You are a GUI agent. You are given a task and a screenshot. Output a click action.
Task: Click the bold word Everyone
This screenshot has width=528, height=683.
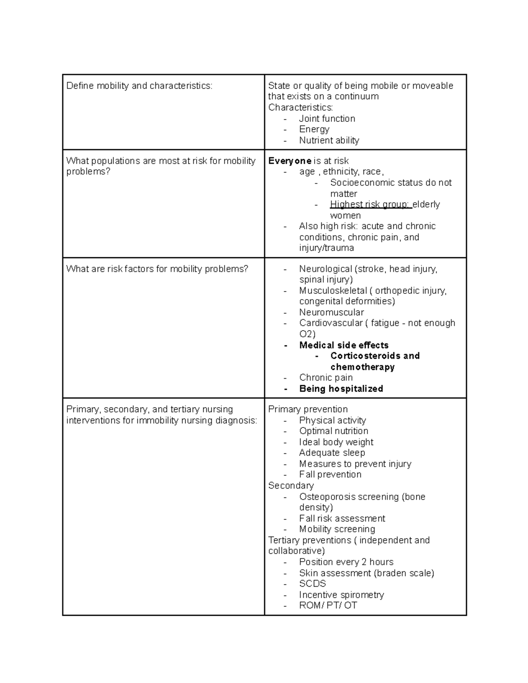(x=290, y=161)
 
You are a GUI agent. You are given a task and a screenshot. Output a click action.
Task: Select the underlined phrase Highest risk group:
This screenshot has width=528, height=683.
(x=370, y=205)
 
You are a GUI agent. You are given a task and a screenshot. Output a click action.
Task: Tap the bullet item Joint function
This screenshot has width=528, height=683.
(x=327, y=119)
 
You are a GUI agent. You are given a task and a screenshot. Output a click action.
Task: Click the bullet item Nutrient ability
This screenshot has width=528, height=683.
(x=329, y=140)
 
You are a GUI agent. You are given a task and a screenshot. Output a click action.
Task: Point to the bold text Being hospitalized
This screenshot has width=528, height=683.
(x=341, y=389)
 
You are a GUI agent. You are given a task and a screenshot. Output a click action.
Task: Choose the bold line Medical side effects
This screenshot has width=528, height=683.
(x=344, y=345)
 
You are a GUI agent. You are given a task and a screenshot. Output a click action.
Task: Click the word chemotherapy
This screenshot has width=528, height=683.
(x=362, y=367)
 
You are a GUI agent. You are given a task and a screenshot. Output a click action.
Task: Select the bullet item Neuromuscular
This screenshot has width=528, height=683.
(x=331, y=312)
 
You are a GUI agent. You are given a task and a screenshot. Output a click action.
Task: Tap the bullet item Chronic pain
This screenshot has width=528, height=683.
(x=326, y=378)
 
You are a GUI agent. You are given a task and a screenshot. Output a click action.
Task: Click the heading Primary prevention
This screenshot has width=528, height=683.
(x=308, y=409)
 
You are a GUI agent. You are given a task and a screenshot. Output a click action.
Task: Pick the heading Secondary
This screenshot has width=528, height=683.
(x=291, y=486)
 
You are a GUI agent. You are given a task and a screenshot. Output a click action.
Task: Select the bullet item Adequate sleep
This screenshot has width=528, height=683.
(x=332, y=453)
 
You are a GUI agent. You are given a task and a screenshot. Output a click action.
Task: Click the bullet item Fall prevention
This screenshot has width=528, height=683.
(x=330, y=475)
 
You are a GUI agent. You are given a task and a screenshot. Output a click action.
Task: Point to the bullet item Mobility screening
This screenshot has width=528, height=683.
(x=337, y=529)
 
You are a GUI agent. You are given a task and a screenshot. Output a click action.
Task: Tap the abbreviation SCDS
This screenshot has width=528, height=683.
(x=312, y=584)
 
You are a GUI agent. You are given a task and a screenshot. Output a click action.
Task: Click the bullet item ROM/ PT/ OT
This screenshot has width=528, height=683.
(x=328, y=606)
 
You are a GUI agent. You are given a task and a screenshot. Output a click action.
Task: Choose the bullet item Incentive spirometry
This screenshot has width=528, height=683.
(x=341, y=595)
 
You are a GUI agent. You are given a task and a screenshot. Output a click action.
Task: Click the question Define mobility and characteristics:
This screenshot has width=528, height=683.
(x=139, y=86)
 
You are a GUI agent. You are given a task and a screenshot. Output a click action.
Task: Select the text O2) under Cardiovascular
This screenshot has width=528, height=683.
(x=307, y=334)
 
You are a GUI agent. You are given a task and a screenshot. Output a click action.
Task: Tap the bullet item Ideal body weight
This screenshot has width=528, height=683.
(x=336, y=442)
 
